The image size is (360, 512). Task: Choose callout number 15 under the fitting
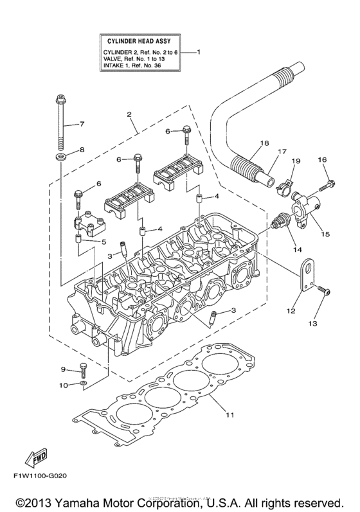click(326, 234)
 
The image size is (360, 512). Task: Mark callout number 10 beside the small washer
click(63, 385)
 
